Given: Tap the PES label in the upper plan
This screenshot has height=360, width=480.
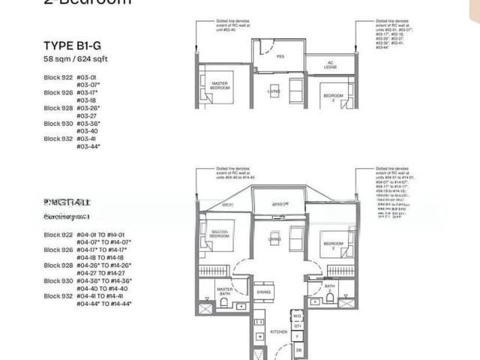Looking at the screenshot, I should [x=280, y=56].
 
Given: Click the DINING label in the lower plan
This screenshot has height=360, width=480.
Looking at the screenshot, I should [x=263, y=292].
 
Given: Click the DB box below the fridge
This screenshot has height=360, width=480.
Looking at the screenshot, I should [x=298, y=349].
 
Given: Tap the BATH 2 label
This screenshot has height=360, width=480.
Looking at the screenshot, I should [x=329, y=288].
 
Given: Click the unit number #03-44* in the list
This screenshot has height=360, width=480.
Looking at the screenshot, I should [x=88, y=146].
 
